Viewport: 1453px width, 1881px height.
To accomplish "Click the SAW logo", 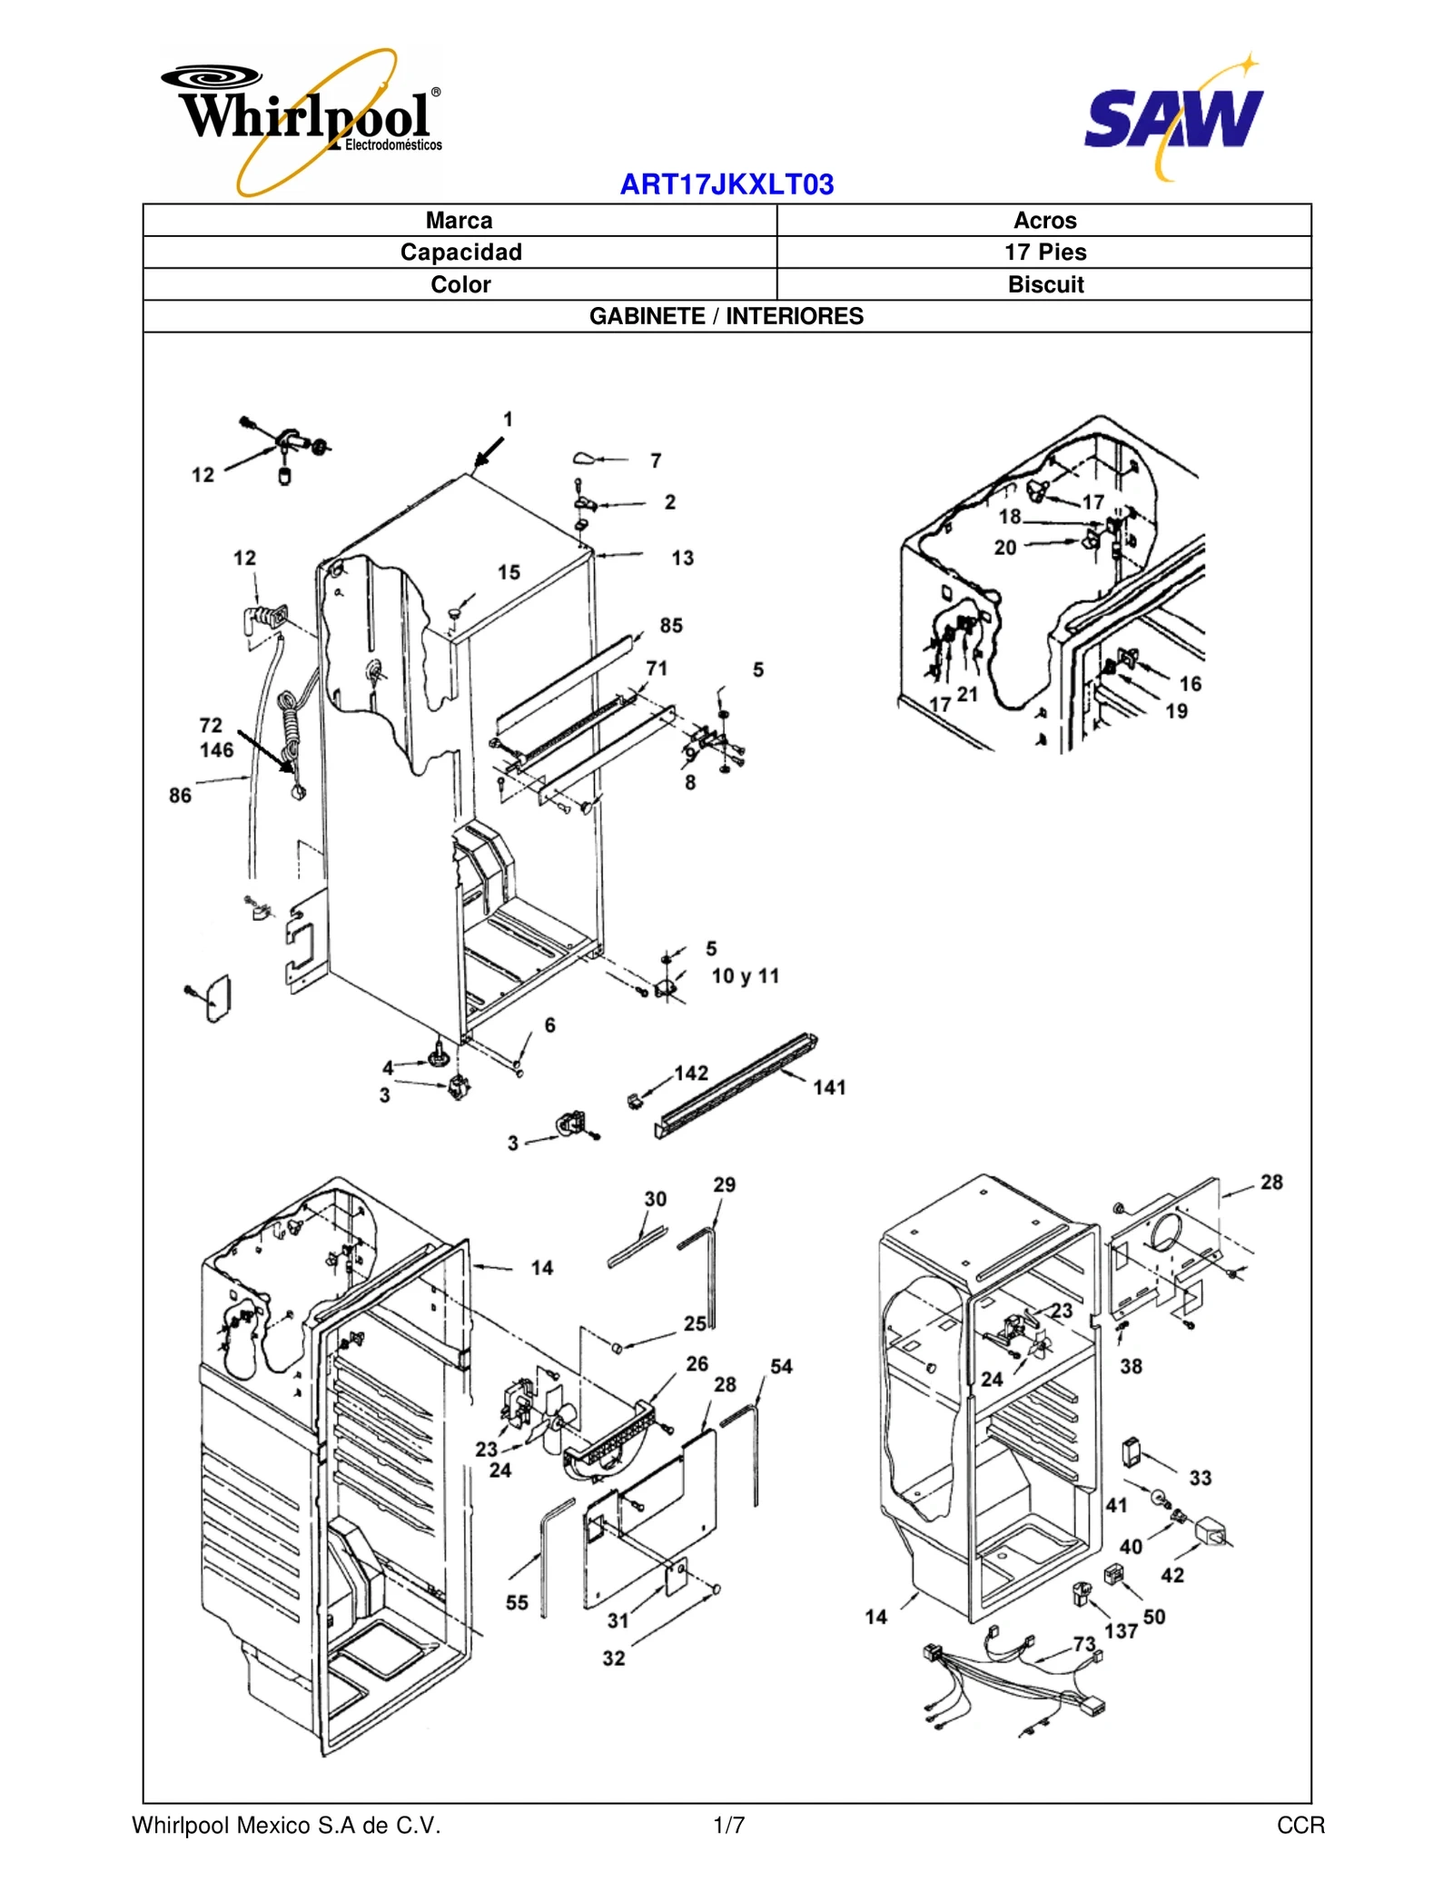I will [x=1173, y=118].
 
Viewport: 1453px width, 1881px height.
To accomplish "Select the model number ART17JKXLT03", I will [x=726, y=184].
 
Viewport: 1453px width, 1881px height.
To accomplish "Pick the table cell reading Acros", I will [x=1044, y=221].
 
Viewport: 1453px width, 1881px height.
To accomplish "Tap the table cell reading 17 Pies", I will [x=1044, y=252].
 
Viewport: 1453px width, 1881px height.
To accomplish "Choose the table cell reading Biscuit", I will [x=1044, y=284].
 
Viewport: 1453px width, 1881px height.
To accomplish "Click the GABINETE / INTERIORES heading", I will [x=726, y=316].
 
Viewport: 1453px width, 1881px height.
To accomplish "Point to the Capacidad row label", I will [x=460, y=252].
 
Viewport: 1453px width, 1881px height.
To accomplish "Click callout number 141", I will [x=829, y=1087].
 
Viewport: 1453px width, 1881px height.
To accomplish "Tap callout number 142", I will [x=691, y=1073].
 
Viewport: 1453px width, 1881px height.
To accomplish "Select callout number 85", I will [x=671, y=626].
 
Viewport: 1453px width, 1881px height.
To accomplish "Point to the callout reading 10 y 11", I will [x=745, y=976].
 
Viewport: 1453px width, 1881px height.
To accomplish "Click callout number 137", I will [x=1121, y=1631].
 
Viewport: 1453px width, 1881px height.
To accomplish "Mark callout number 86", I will [x=180, y=796].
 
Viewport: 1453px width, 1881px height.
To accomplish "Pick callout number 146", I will [x=217, y=750].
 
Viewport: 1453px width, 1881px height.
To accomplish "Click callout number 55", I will [x=517, y=1603].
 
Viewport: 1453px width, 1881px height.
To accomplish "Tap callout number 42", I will [x=1172, y=1575].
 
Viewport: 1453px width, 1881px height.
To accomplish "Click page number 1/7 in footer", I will [x=728, y=1826].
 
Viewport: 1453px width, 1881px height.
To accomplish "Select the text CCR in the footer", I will [x=1300, y=1826].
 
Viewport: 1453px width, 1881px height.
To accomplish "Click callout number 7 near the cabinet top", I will [x=656, y=461].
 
